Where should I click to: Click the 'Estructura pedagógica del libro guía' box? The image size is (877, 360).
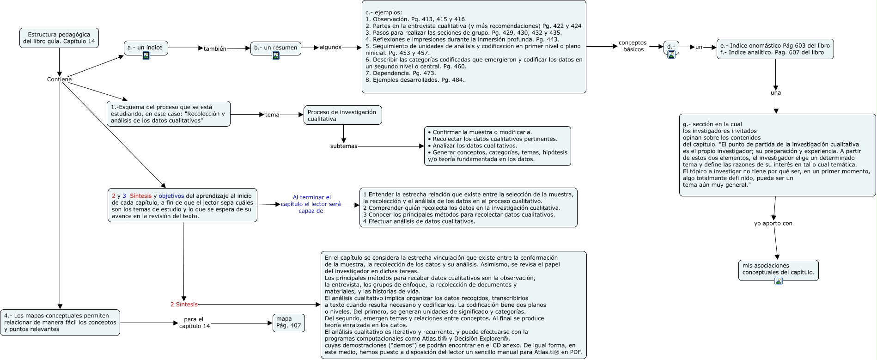(59, 38)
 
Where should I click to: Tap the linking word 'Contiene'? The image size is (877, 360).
(59, 79)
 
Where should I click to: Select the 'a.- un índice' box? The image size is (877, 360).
(146, 47)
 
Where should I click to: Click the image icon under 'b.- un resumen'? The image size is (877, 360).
(276, 55)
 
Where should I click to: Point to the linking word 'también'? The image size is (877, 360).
(215, 49)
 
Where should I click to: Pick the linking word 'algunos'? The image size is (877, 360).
(330, 47)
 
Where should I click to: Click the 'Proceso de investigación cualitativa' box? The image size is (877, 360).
(342, 115)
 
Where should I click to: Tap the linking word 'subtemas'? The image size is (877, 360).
(344, 146)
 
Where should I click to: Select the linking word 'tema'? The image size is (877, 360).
(272, 115)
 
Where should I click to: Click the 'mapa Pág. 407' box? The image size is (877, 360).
(288, 322)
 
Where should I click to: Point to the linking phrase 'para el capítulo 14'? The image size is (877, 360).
(194, 323)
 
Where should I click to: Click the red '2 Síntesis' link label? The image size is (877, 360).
(184, 305)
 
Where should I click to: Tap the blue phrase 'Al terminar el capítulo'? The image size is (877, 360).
(311, 204)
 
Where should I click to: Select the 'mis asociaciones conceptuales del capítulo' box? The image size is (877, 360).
(778, 269)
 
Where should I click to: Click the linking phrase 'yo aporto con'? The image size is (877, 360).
(773, 223)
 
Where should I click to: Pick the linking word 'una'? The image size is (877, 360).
(776, 93)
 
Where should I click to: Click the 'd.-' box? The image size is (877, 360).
(671, 46)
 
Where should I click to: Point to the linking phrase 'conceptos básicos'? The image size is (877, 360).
(633, 46)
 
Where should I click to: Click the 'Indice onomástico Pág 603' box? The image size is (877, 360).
(775, 49)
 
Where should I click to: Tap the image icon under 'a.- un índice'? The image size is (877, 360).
(146, 55)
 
